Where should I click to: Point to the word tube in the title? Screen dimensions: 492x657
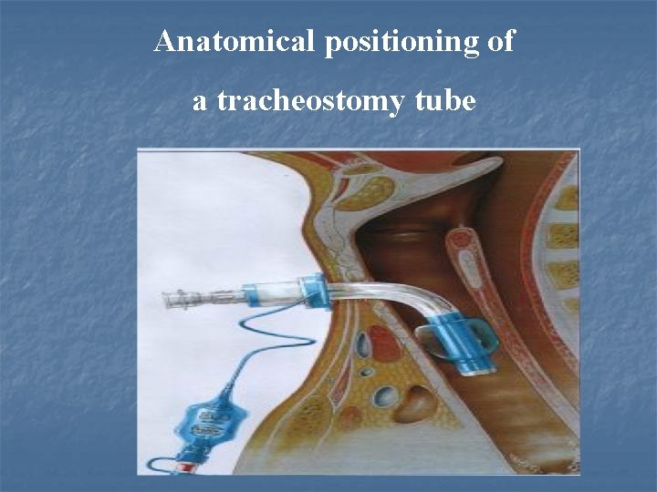coord(444,100)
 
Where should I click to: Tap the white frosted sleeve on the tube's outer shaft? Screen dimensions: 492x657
coord(274,294)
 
